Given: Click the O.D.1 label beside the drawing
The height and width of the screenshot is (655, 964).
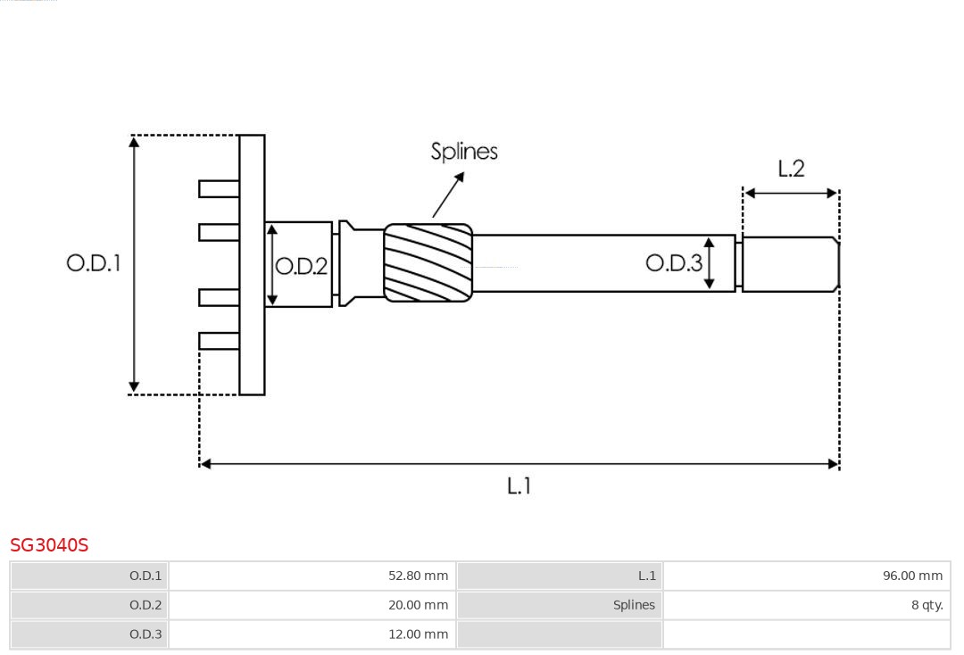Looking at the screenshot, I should [x=94, y=263].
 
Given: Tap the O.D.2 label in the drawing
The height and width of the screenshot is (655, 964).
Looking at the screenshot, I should [x=302, y=266].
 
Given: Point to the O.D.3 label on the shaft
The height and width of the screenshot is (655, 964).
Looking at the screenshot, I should [x=674, y=262].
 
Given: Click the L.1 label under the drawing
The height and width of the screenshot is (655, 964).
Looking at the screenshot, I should [x=519, y=486].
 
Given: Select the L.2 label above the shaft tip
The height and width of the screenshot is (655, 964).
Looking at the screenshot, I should [x=791, y=169].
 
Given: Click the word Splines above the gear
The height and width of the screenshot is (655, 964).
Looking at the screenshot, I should [x=464, y=152].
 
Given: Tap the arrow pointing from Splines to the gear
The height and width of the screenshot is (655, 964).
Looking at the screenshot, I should [x=449, y=195].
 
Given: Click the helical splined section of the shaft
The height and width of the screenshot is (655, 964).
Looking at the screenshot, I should [x=428, y=261].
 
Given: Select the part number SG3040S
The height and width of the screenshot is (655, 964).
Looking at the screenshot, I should [x=49, y=545].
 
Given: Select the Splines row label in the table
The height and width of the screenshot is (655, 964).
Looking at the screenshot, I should [x=634, y=605].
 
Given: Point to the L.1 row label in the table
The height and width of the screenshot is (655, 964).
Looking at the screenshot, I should [x=647, y=576].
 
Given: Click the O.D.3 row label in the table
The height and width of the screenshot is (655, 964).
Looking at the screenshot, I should [x=145, y=634].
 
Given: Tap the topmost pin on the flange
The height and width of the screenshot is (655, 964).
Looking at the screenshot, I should [x=219, y=188].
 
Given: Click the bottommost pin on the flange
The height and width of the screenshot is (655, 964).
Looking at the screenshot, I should [x=219, y=340].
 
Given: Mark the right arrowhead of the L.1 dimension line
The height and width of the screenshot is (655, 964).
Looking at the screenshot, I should [x=834, y=464].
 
